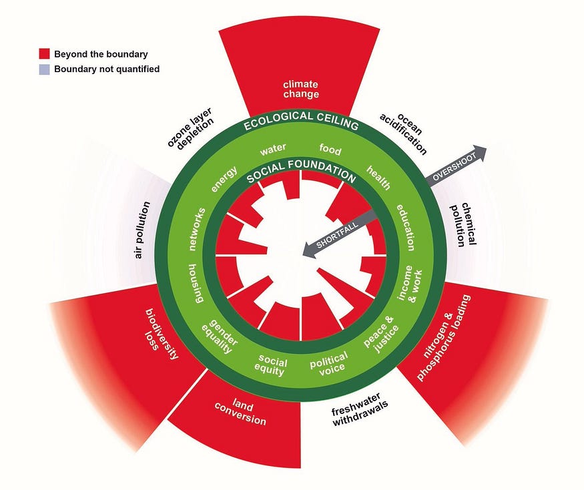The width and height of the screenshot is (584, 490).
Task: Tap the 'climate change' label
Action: coord(300,89)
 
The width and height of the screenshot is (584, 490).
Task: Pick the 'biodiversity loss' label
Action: coord(160,333)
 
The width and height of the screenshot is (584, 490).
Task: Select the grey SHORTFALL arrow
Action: coord(337,234)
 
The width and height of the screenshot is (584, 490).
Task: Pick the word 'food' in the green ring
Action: coord(330,148)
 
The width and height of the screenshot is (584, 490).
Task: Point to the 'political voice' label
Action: coord(326,363)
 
